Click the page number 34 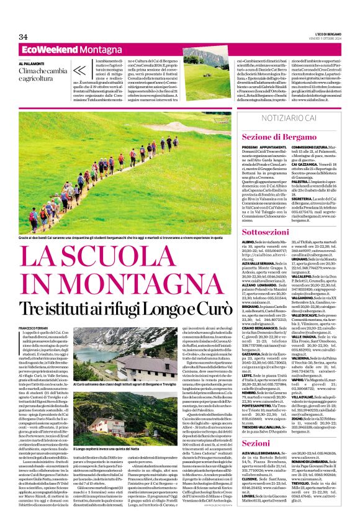[x=23, y=37]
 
